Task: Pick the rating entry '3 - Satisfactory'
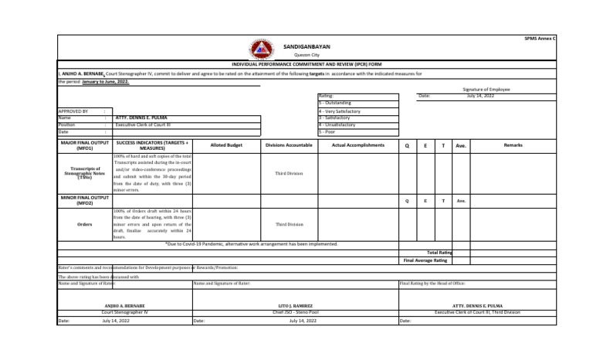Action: (x=334, y=117)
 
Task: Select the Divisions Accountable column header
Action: (x=290, y=144)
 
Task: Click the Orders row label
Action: (x=85, y=225)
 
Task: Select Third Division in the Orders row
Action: (x=290, y=225)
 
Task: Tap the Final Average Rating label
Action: (x=425, y=260)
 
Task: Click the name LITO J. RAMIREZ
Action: (x=296, y=306)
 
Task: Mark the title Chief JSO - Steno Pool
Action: (x=296, y=311)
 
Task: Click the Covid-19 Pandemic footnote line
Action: (x=251, y=243)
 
